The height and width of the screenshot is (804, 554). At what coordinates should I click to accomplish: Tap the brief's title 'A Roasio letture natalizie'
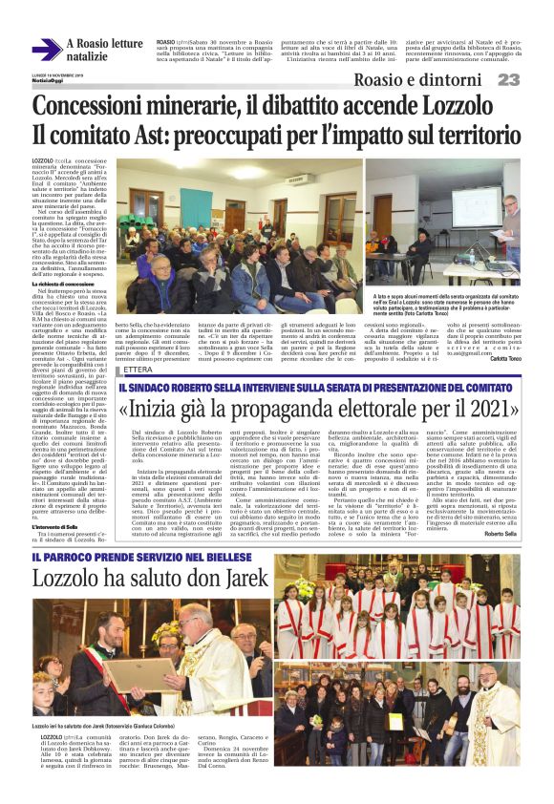[104, 51]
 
